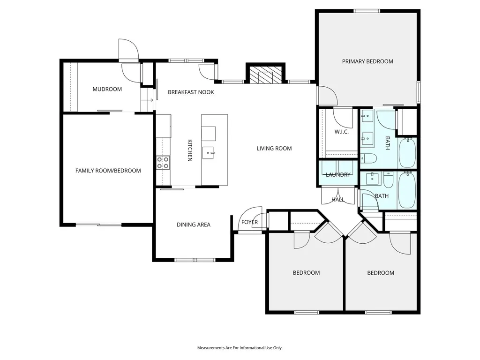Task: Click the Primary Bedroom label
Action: [x=367, y=61]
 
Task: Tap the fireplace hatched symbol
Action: [x=265, y=75]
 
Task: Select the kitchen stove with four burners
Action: [x=163, y=163]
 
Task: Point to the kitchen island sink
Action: [x=209, y=152]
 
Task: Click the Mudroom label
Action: [x=107, y=89]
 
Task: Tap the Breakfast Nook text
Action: [x=191, y=92]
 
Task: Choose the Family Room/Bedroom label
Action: [x=108, y=171]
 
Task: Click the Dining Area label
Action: [x=194, y=225]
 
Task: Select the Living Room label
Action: [x=274, y=149]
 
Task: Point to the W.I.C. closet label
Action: [x=341, y=132]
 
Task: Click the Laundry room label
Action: [x=338, y=175]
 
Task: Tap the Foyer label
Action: [x=249, y=222]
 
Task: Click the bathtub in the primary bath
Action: [x=407, y=153]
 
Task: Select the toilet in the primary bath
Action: [x=368, y=158]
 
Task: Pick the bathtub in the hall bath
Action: [x=407, y=190]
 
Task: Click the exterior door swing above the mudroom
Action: [x=128, y=49]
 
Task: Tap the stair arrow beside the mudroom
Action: [x=150, y=100]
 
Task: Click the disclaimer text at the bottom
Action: [x=240, y=348]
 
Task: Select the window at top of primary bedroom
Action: [x=367, y=11]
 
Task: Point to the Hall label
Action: [x=338, y=200]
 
